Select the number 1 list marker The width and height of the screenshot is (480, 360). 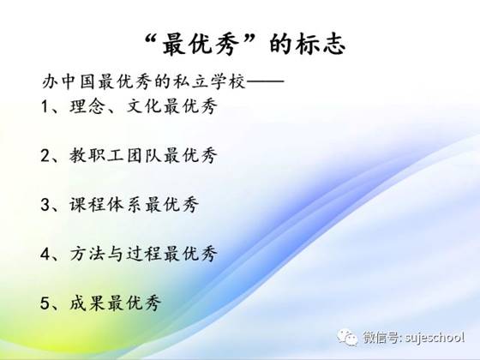click(45, 107)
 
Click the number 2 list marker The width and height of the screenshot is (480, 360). click(45, 155)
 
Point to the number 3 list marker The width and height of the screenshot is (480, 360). click(45, 205)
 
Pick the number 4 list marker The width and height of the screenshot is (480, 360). click(45, 254)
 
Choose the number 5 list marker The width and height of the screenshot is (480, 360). click(45, 303)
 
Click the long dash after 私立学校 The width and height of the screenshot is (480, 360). click(265, 81)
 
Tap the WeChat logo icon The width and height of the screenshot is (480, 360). click(347, 337)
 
